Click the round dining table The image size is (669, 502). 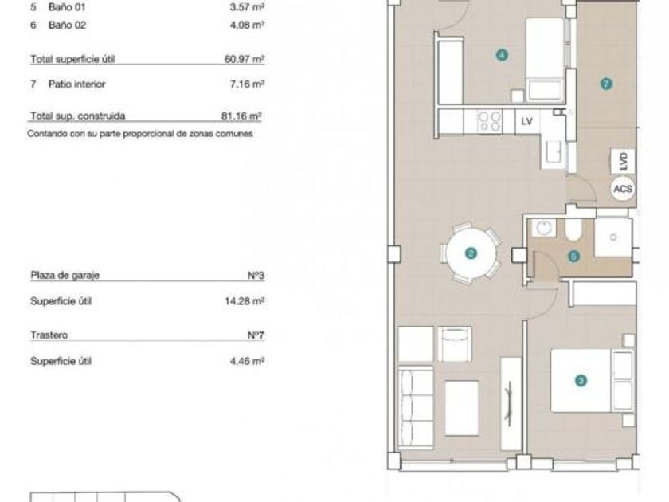pos(471,253)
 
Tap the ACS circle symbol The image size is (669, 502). pos(623,188)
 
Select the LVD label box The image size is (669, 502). pos(623,161)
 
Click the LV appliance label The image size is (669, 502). pos(527,121)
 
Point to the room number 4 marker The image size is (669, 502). pos(502,55)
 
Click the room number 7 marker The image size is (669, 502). pos(606,84)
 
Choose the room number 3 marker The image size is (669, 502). pos(581,380)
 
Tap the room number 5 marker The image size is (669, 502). pos(574,256)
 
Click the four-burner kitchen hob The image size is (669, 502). pos(489,121)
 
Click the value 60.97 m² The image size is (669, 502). pos(245,59)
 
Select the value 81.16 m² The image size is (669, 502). pos(241,116)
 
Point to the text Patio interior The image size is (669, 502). pos(76,84)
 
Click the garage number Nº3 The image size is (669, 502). pos(256,276)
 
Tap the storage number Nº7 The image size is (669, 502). pos(256,335)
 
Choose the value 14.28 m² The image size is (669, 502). pos(245,301)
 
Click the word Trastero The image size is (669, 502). pos(49,335)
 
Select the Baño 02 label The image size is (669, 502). pos(67,25)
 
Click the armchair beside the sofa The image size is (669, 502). pos(455,344)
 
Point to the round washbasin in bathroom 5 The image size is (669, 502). pos(543,228)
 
